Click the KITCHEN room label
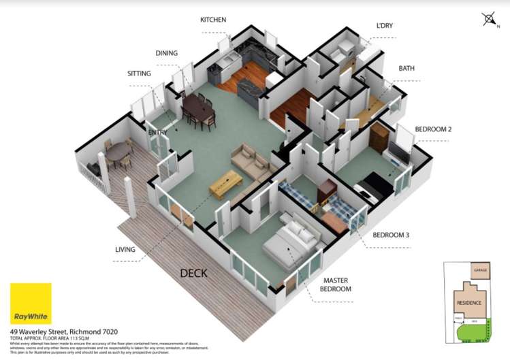(213, 20)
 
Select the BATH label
(407, 69)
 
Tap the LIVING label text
(125, 250)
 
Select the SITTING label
(139, 73)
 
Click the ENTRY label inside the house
(158, 132)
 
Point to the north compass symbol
(489, 20)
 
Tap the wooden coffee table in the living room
(225, 183)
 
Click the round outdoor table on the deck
(121, 151)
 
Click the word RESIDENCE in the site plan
(469, 303)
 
